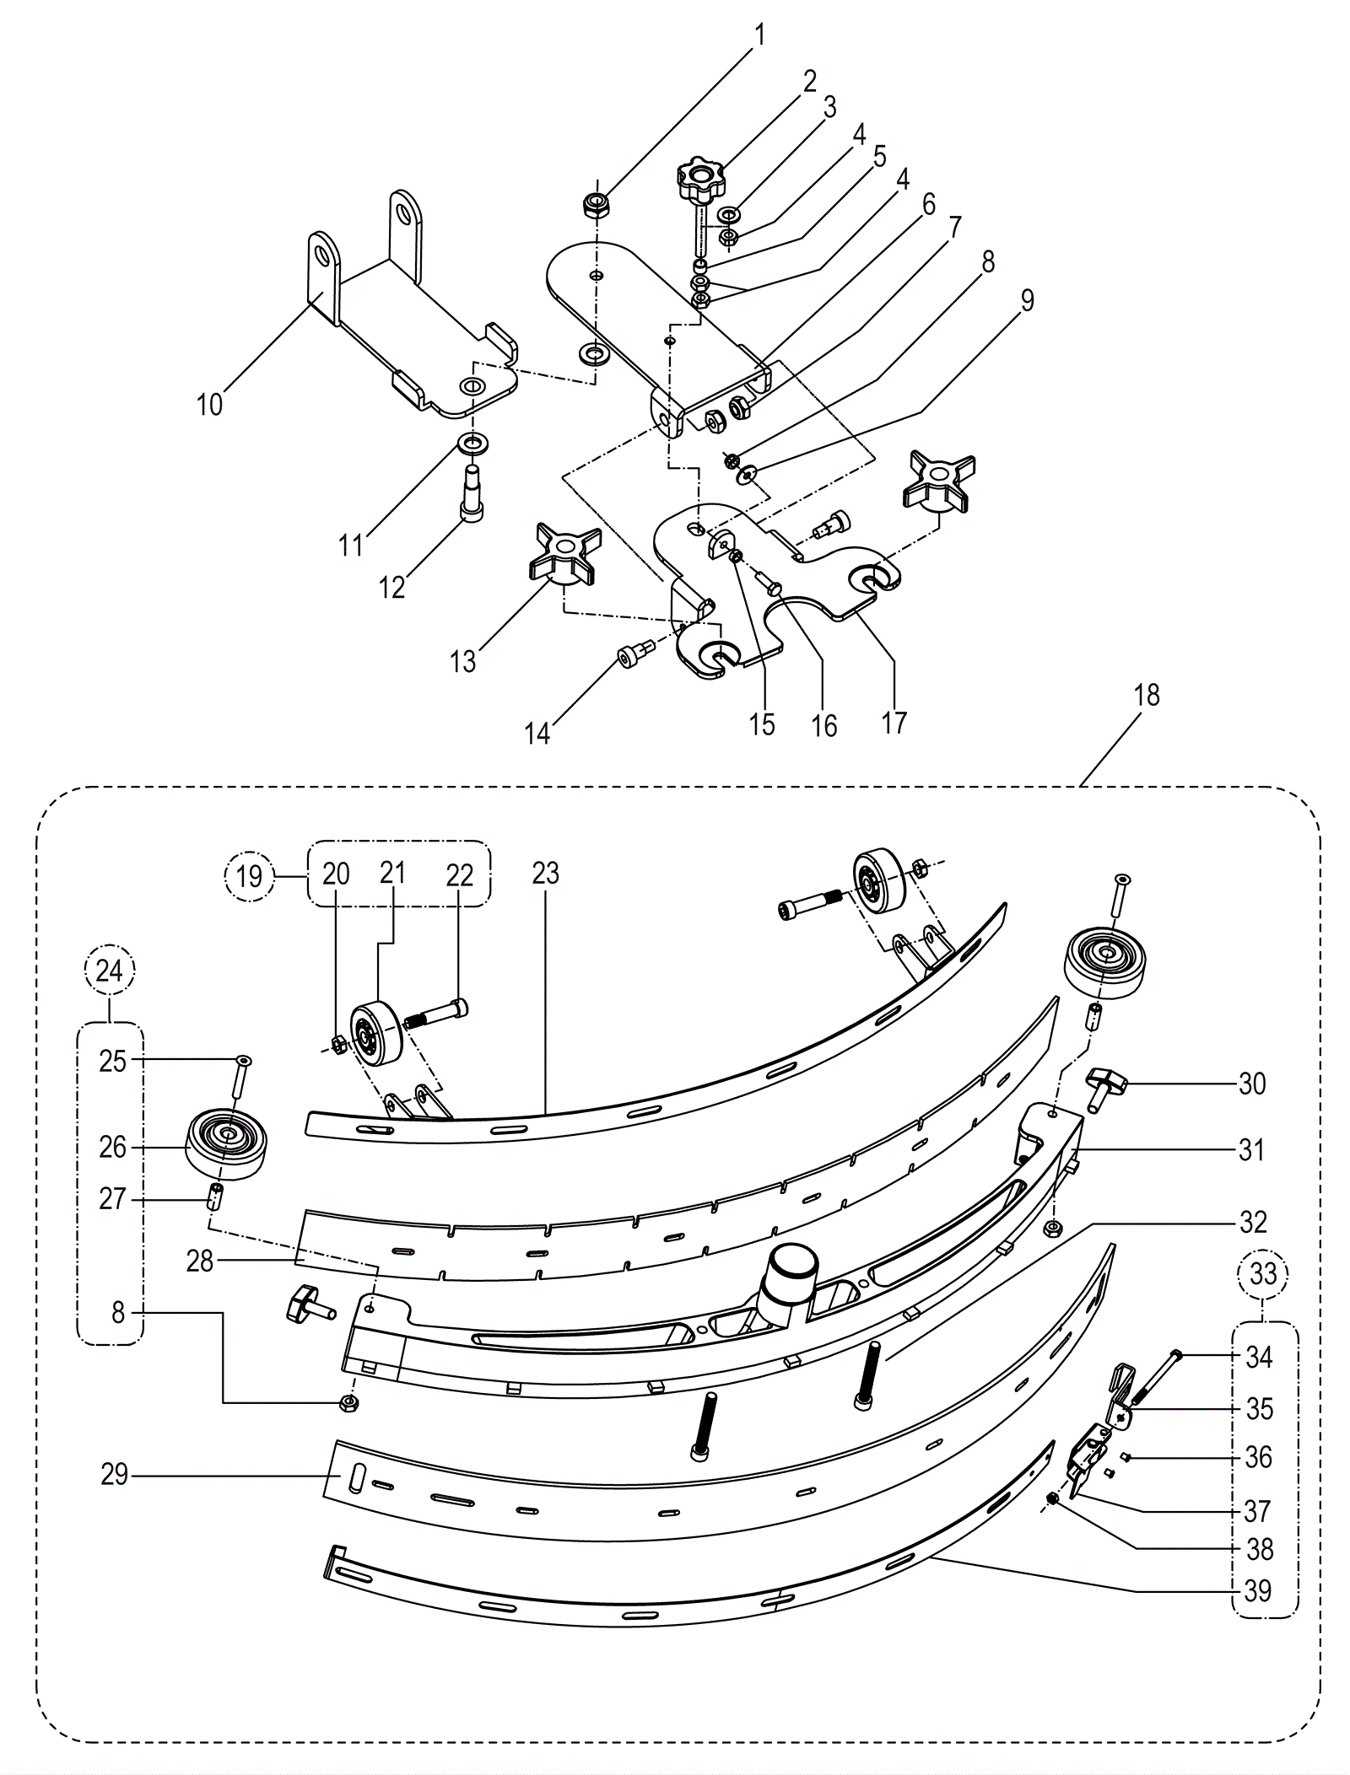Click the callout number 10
(209, 405)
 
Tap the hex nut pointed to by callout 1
(597, 205)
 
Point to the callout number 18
(1147, 696)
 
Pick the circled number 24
(110, 971)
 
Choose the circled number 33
(1263, 1272)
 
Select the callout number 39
(1257, 1590)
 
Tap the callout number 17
(894, 722)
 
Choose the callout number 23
(545, 874)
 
